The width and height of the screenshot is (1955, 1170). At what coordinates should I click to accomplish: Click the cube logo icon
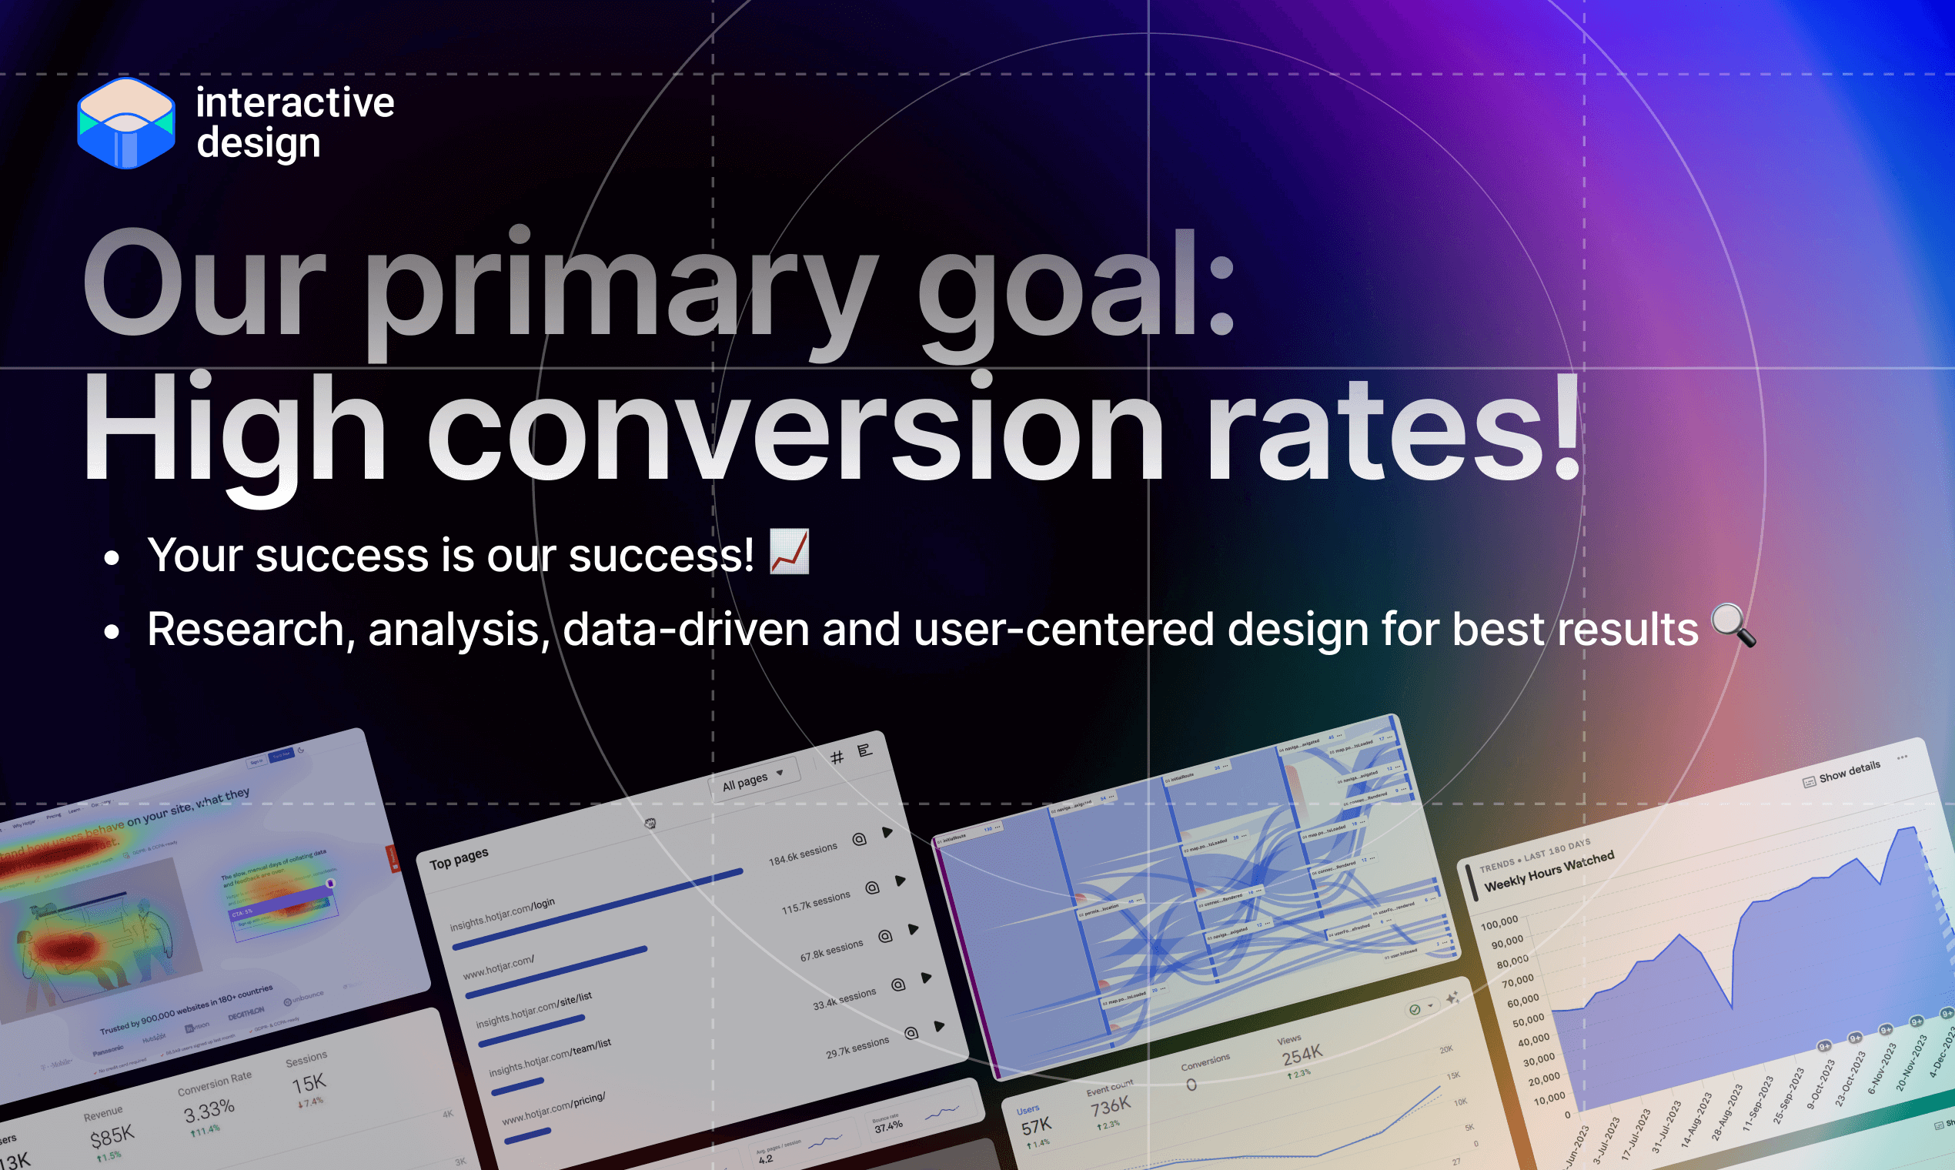126,123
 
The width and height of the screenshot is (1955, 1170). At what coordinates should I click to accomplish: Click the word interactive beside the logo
295,102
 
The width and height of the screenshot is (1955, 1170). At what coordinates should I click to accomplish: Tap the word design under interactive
259,143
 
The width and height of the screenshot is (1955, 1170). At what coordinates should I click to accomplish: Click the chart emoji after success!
789,552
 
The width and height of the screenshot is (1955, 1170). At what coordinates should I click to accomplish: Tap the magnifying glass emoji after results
1733,626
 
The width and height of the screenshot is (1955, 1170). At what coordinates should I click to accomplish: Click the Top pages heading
459,858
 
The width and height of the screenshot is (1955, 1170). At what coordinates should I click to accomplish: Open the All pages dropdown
753,779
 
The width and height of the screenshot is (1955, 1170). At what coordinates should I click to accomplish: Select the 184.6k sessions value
803,854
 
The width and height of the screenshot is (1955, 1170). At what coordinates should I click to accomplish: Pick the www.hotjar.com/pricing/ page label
553,1108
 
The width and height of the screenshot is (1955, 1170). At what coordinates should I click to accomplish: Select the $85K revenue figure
112,1136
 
